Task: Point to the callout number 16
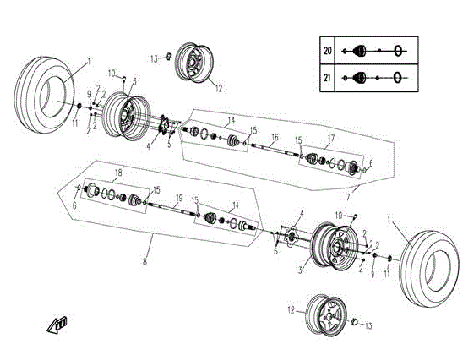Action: [275, 137]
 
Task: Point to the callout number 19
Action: [178, 198]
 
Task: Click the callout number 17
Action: [332, 138]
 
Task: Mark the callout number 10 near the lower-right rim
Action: [338, 214]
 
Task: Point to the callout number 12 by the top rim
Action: [219, 87]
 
